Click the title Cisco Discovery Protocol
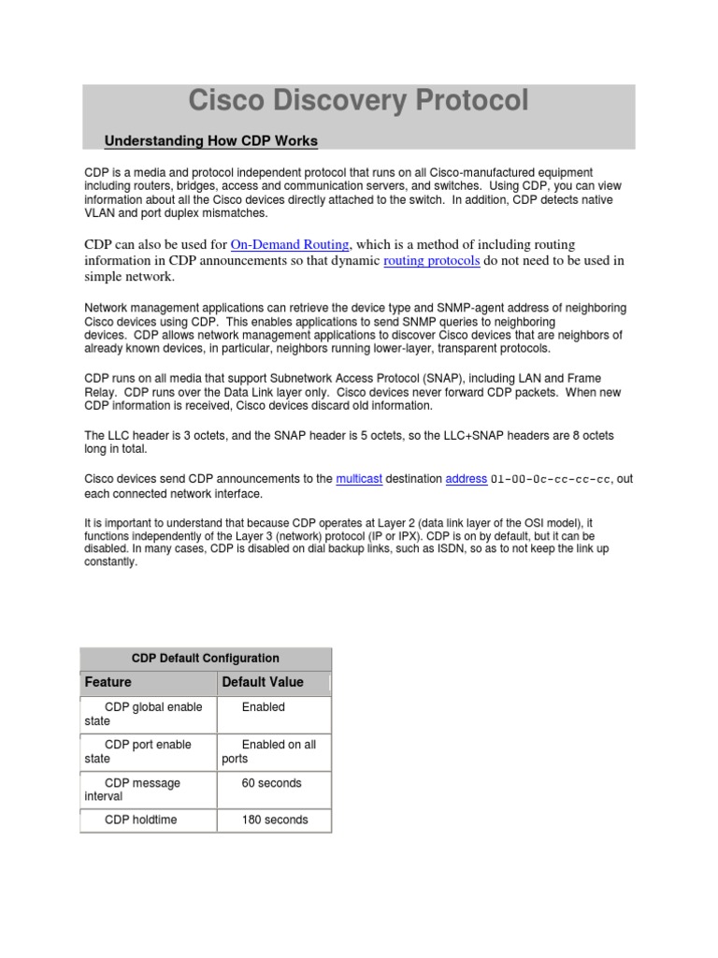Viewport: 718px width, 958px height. tap(358, 101)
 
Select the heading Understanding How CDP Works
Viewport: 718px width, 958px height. tap(211, 141)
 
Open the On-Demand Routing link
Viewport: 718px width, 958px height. tap(290, 244)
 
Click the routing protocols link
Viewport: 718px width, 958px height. tap(432, 261)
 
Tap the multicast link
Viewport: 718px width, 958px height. tap(359, 479)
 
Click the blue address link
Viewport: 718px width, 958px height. tap(466, 479)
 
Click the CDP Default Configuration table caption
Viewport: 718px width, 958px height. tap(206, 658)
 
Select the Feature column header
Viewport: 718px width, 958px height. tap(108, 683)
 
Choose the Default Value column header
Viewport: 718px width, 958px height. tap(263, 683)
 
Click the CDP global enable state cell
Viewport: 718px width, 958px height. tap(148, 714)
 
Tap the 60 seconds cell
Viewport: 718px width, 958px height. tap(271, 783)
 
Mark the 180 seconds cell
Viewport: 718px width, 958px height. tap(274, 820)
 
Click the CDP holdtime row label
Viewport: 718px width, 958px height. tap(140, 820)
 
